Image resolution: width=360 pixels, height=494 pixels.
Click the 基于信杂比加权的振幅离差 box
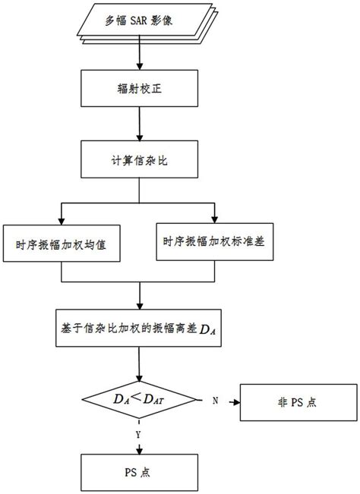click(138, 328)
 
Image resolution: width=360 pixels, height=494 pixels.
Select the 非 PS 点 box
click(288, 400)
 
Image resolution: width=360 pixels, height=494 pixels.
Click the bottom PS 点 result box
click(138, 471)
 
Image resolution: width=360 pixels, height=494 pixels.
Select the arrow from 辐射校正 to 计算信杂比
click(138, 125)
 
